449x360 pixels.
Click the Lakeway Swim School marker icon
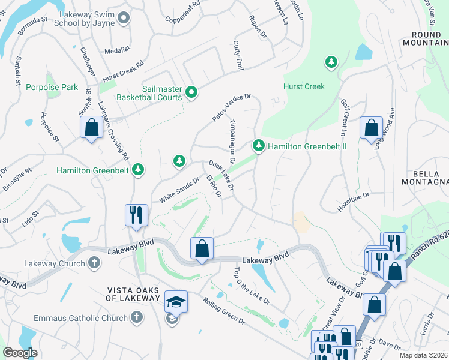124,18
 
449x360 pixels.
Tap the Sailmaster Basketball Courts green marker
191,92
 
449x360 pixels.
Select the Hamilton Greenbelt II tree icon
259,145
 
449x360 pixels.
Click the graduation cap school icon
176,302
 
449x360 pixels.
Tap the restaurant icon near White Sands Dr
136,214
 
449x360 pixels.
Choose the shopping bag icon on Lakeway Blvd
202,248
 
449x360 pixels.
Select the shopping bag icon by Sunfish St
91,128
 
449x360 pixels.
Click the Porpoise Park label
52,87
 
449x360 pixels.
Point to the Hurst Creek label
304,86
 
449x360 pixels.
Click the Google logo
20,353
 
